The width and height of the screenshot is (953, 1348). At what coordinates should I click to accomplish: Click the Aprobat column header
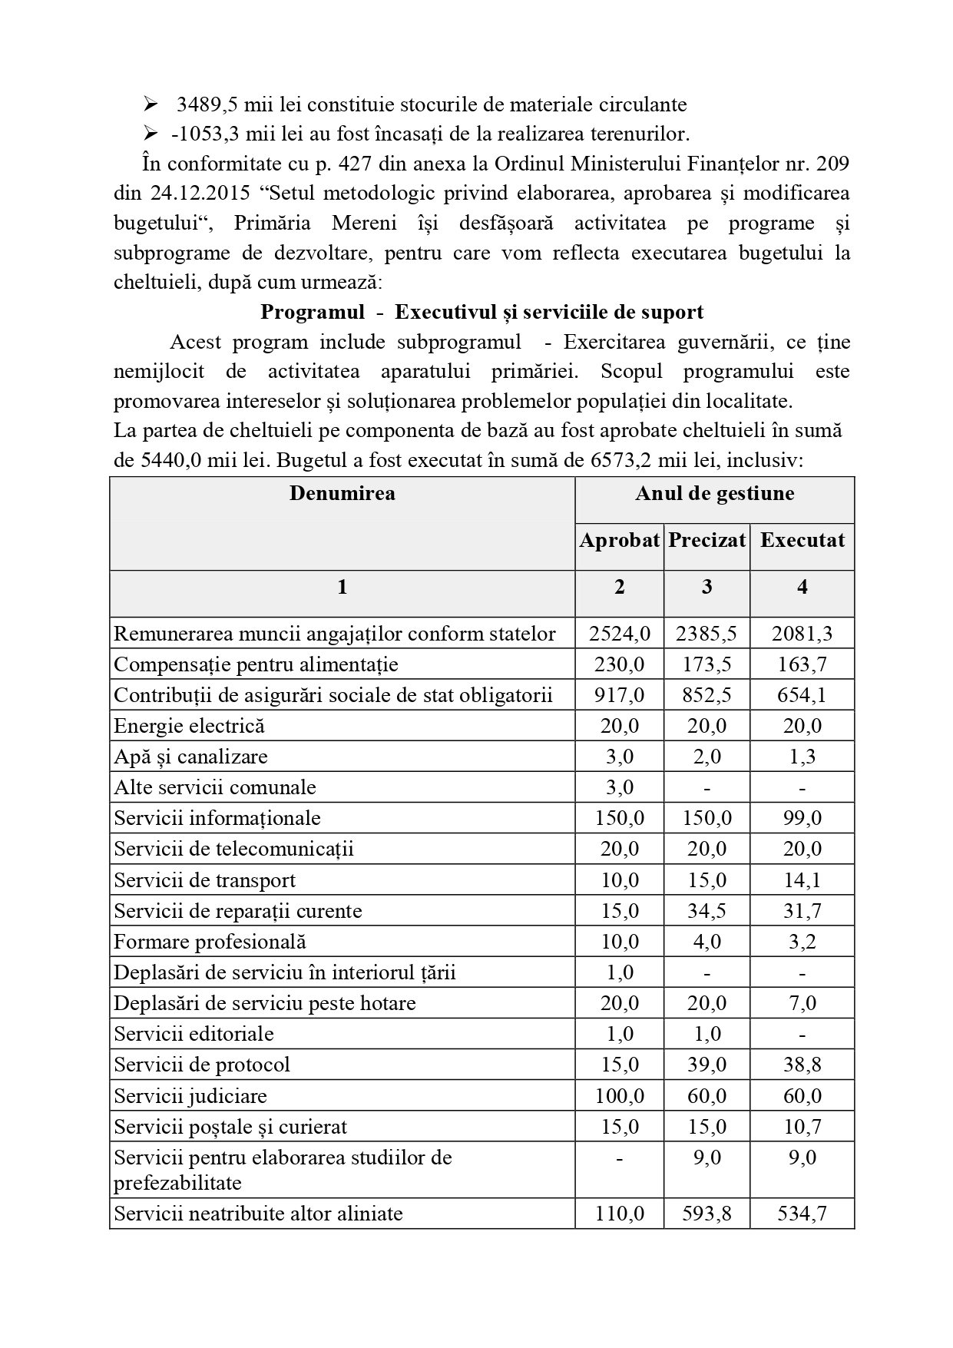tap(619, 540)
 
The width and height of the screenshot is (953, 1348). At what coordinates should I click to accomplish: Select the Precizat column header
tap(706, 540)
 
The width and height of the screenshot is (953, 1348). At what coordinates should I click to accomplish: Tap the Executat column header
tap(802, 540)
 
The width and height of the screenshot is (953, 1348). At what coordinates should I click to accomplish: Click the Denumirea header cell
tap(342, 493)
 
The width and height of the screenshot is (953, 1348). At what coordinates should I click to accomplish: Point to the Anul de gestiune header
tap(714, 493)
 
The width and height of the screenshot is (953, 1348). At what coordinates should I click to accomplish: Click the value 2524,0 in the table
tap(619, 634)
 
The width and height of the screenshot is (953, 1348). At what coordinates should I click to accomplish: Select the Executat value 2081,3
tap(802, 634)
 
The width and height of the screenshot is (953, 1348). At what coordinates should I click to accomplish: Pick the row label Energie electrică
tap(189, 726)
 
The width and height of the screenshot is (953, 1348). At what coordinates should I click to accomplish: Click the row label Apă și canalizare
tap(190, 757)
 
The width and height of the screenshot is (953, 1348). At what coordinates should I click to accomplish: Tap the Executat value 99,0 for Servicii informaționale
tap(802, 818)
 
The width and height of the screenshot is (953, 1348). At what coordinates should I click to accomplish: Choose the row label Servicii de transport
tap(204, 880)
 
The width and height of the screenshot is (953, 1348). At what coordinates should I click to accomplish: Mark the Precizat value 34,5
tap(706, 911)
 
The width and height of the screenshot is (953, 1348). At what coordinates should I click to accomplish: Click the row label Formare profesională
tap(210, 942)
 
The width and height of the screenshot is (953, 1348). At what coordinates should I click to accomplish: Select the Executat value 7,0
tap(802, 1003)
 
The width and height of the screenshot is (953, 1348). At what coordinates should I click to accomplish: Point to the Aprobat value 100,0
tap(619, 1096)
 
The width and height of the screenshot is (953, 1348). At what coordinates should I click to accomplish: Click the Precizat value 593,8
tap(706, 1214)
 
